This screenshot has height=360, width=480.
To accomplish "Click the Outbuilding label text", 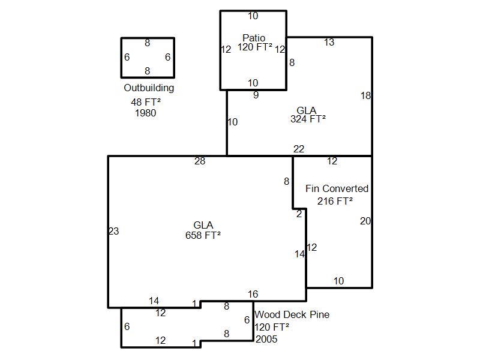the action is point(149,88).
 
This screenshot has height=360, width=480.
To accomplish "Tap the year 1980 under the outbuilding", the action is point(145,113).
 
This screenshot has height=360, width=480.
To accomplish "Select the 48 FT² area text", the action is point(146,101).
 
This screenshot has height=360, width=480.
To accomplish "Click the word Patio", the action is point(254,38).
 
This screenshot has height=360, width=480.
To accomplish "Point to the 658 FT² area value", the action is point(203,235).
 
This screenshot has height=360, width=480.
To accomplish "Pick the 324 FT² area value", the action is point(308,119).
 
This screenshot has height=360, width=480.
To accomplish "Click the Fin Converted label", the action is point(337,188).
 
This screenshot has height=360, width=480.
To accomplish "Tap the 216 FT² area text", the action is point(335,201).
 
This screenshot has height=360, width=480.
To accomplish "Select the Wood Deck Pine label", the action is point(292,314).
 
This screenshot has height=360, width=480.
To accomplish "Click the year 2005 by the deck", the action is point(266,339).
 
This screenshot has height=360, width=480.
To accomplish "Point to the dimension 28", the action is point(200,161).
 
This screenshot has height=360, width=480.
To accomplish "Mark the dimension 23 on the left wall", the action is point(114,231).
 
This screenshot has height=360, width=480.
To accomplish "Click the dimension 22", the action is point(299,149).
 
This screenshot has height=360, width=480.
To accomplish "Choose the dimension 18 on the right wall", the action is point(365,95).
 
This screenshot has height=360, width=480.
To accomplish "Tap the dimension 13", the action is point(329,42).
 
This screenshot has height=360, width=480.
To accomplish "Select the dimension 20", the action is point(365,221).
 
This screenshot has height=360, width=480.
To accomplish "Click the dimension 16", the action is point(253,294).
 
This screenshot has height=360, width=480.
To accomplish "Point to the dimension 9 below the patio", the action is point(256,95).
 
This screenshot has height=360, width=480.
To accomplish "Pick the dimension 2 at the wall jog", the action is point(299,214).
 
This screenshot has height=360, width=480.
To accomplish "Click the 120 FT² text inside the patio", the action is point(254,47).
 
